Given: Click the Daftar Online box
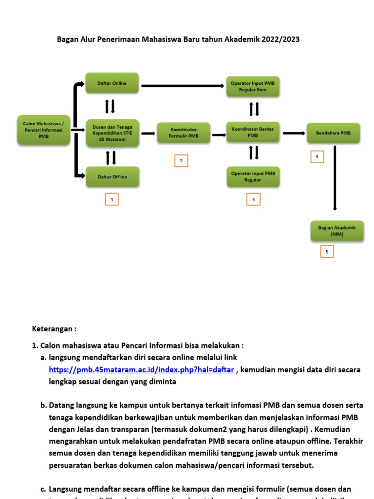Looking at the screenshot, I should pyautogui.click(x=112, y=83).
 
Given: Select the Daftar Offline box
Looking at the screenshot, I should pyautogui.click(x=112, y=177).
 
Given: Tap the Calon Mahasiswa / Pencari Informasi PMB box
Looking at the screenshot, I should pyautogui.click(x=43, y=130).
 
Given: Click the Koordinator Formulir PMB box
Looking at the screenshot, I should pyautogui.click(x=184, y=133).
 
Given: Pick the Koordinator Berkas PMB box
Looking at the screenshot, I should pyautogui.click(x=253, y=133).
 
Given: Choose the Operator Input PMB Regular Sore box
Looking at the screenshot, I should pyautogui.click(x=253, y=86).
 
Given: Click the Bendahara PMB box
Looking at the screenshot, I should pyautogui.click(x=334, y=133).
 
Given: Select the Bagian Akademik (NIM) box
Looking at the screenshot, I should pyautogui.click(x=337, y=230).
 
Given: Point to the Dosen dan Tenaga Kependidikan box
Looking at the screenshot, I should pyautogui.click(x=112, y=133).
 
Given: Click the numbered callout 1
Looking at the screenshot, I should pyautogui.click(x=112, y=199).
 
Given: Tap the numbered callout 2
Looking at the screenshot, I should pyautogui.click(x=181, y=161).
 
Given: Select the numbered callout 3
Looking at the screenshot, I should pyautogui.click(x=253, y=199).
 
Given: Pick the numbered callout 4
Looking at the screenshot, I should pyautogui.click(x=317, y=157).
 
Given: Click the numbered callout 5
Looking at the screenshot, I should pyautogui.click(x=327, y=251).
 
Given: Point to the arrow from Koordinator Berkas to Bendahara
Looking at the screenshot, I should pyautogui.click(x=292, y=133).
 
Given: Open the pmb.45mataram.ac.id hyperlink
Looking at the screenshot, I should pyautogui.click(x=141, y=370).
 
